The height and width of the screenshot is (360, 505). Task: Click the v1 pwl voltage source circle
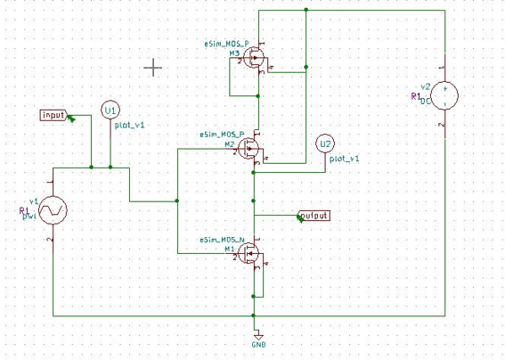pos(53,210)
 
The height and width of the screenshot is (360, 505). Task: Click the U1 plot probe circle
pos(110,110)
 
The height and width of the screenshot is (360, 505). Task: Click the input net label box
pos(53,115)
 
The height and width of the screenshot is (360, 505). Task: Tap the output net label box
pos(314,216)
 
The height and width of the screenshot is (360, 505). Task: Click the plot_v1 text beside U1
pos(129,126)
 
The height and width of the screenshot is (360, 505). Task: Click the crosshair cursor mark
pos(153,67)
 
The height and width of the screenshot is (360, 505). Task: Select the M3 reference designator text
pos(233,53)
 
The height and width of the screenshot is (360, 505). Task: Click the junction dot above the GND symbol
pos(255,315)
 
